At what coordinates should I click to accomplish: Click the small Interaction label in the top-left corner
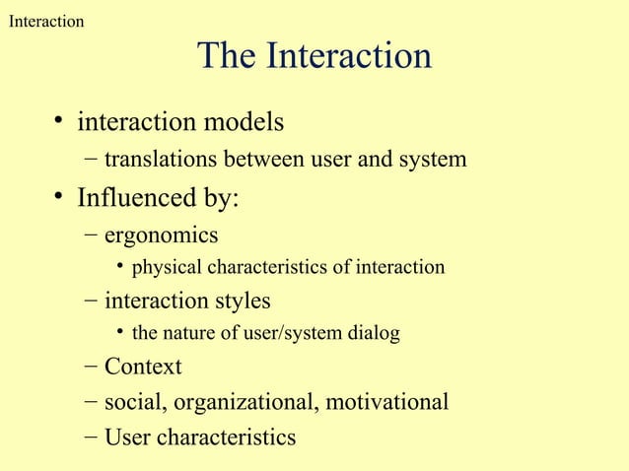point(45,21)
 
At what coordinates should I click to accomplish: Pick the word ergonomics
point(161,236)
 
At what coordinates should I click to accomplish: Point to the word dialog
point(374,333)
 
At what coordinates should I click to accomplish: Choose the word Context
point(143,368)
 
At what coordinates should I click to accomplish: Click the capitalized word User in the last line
point(128,437)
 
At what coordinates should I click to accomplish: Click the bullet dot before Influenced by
point(60,198)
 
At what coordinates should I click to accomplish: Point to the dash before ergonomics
point(91,236)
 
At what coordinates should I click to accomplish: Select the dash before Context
point(91,368)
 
